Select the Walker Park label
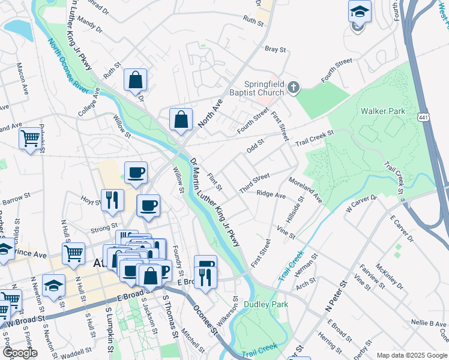[382, 111]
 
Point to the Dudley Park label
[266, 304]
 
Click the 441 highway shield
[424, 113]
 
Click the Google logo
[20, 353]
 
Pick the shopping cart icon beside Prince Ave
[73, 252]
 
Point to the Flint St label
[214, 182]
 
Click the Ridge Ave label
[271, 194]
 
